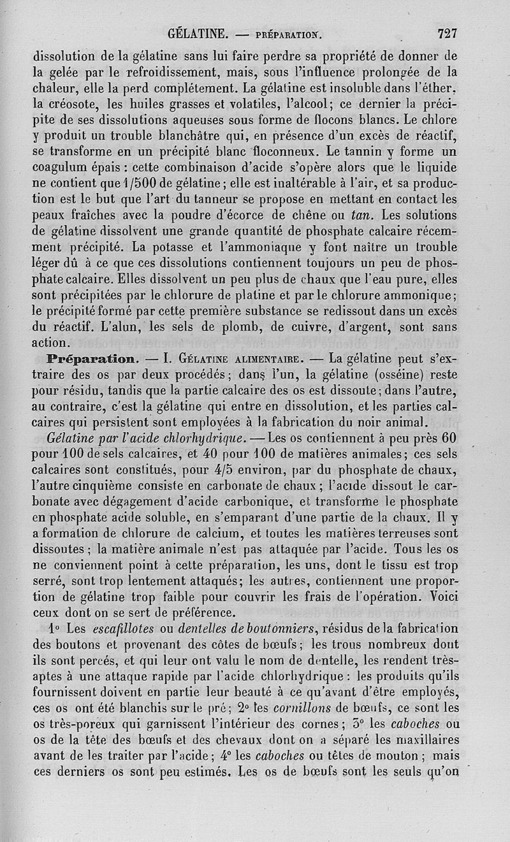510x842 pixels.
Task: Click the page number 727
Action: tap(447, 34)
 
